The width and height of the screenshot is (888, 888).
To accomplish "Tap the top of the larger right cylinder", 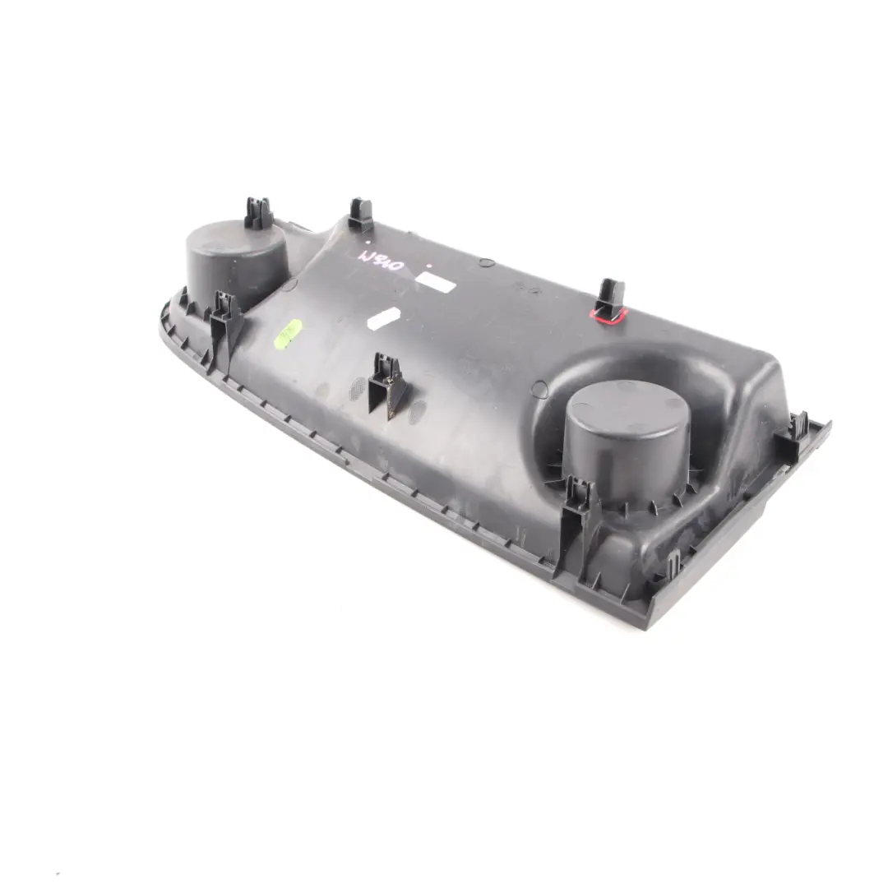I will (627, 415).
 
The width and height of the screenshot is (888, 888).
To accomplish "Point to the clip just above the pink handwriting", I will (360, 215).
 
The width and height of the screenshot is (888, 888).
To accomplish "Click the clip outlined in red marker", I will (609, 298).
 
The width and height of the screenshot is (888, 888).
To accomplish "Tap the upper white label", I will (435, 280).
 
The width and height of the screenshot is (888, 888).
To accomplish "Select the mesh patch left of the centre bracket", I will (356, 389).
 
